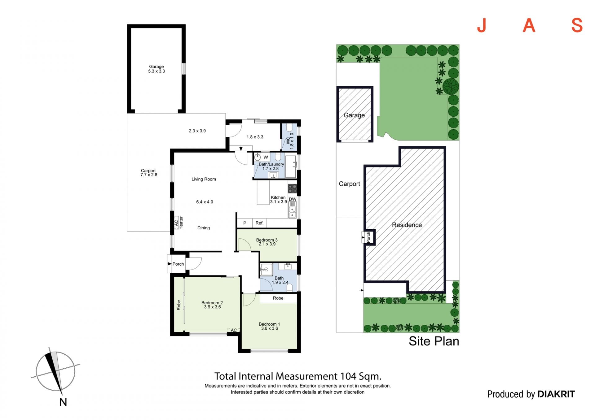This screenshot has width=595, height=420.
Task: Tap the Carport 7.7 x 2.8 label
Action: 149,173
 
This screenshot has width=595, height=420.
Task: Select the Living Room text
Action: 204,179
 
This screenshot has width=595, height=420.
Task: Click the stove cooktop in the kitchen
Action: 292,188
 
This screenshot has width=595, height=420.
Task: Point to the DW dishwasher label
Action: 293,199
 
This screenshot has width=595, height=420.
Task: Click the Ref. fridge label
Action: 259,223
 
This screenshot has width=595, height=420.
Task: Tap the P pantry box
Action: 245,223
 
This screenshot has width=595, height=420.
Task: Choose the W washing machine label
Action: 266,157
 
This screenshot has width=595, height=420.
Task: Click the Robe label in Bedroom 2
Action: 179,305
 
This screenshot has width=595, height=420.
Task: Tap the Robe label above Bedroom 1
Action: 278,298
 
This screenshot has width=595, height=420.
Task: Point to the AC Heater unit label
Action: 178,223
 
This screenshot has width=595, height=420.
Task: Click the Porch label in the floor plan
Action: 178,264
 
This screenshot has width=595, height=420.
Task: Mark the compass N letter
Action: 63,402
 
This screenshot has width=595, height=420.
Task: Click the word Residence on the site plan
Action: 407,225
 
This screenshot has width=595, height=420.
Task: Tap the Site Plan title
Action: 434,341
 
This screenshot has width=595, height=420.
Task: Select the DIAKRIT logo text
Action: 556,394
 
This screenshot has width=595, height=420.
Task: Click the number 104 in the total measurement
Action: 349,376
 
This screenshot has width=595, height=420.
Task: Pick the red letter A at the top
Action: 529,25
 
